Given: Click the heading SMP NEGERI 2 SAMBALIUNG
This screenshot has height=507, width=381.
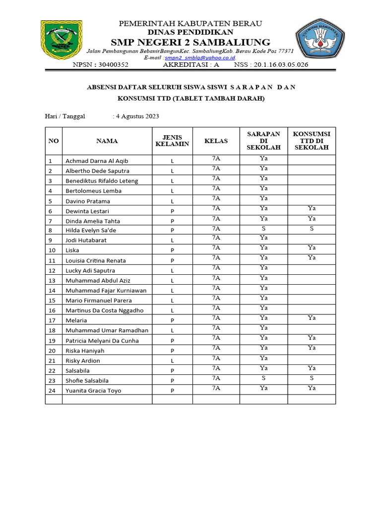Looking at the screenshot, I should point(190,42).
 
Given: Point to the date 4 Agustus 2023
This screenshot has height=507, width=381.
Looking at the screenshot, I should point(137,116).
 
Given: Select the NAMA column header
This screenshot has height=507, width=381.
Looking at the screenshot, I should point(107,141).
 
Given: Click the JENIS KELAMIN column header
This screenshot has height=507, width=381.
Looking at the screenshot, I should point(172,141).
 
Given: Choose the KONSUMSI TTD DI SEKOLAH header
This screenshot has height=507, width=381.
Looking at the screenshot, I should point(312,141).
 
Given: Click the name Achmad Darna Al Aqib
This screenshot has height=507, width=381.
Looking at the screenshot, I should point(97,161).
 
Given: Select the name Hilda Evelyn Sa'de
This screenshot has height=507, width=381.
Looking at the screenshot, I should point(94,230).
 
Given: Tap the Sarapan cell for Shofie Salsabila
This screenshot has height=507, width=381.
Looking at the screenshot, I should point(263,378).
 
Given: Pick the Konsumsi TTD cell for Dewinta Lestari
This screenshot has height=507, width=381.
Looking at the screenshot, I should point(312,208).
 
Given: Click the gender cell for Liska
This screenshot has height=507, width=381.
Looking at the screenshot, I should point(172,251).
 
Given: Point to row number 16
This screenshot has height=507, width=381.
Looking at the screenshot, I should point(52,310).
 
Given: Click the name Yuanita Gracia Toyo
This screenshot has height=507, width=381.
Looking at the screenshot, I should point(93,391).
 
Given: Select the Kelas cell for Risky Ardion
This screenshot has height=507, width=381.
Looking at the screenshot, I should point(216,358).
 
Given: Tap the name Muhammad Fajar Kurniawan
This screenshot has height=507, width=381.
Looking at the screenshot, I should point(106,290).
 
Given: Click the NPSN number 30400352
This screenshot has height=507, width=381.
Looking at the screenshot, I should point(114,65).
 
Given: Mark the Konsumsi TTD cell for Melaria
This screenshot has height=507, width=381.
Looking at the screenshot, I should point(312,318).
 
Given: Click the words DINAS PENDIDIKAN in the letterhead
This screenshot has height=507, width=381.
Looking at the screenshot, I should point(190,32).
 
